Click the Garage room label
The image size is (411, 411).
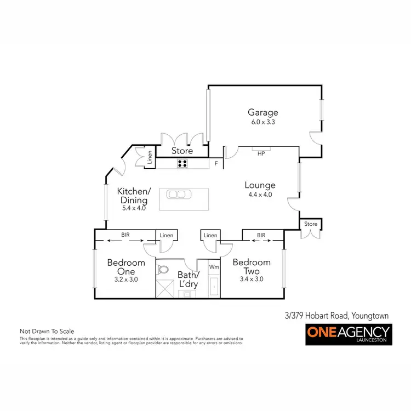(262, 113)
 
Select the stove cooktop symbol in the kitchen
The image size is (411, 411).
(182, 163)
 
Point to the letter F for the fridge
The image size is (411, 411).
(216, 163)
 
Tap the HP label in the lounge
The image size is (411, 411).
(261, 153)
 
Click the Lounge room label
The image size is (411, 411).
(260, 185)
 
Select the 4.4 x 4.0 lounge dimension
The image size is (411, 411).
(260, 195)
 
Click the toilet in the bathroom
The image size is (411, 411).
(163, 270)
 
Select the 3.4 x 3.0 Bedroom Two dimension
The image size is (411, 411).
(252, 278)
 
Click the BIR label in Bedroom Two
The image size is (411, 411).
(261, 235)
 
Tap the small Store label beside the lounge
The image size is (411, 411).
(311, 224)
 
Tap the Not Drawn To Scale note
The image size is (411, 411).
(47, 331)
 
